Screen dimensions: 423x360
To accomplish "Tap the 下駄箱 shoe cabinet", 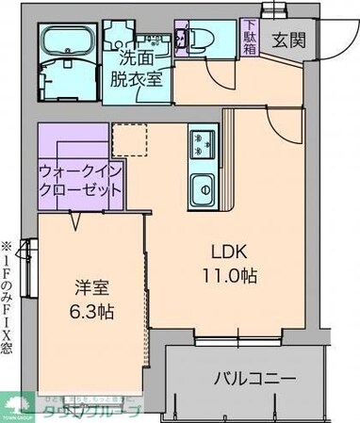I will coord(249,39).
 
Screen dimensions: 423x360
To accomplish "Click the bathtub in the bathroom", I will coord(66,42).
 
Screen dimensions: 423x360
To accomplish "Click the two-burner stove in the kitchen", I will coord(201,143).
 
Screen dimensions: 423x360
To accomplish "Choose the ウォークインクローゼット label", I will coord(80,179).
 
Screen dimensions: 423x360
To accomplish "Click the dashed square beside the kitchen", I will coord(130,138).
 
